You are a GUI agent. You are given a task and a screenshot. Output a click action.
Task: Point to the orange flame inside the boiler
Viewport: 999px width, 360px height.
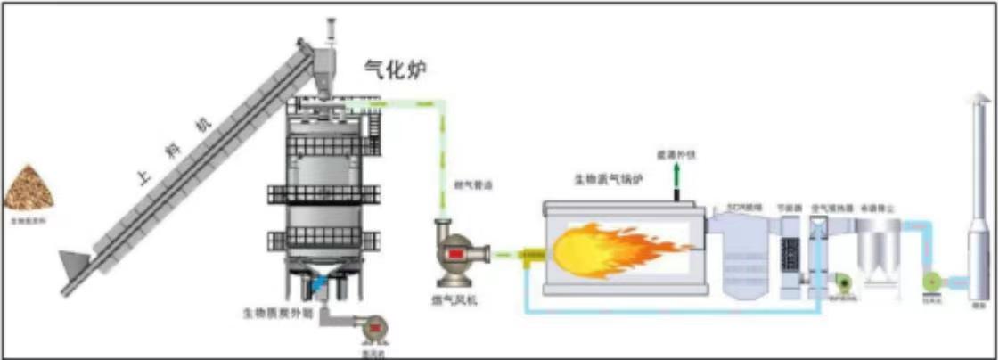(606, 249)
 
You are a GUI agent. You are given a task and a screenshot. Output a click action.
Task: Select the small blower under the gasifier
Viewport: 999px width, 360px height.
(374, 329)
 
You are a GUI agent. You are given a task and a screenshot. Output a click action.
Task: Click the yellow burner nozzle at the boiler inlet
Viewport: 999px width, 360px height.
(533, 257)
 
